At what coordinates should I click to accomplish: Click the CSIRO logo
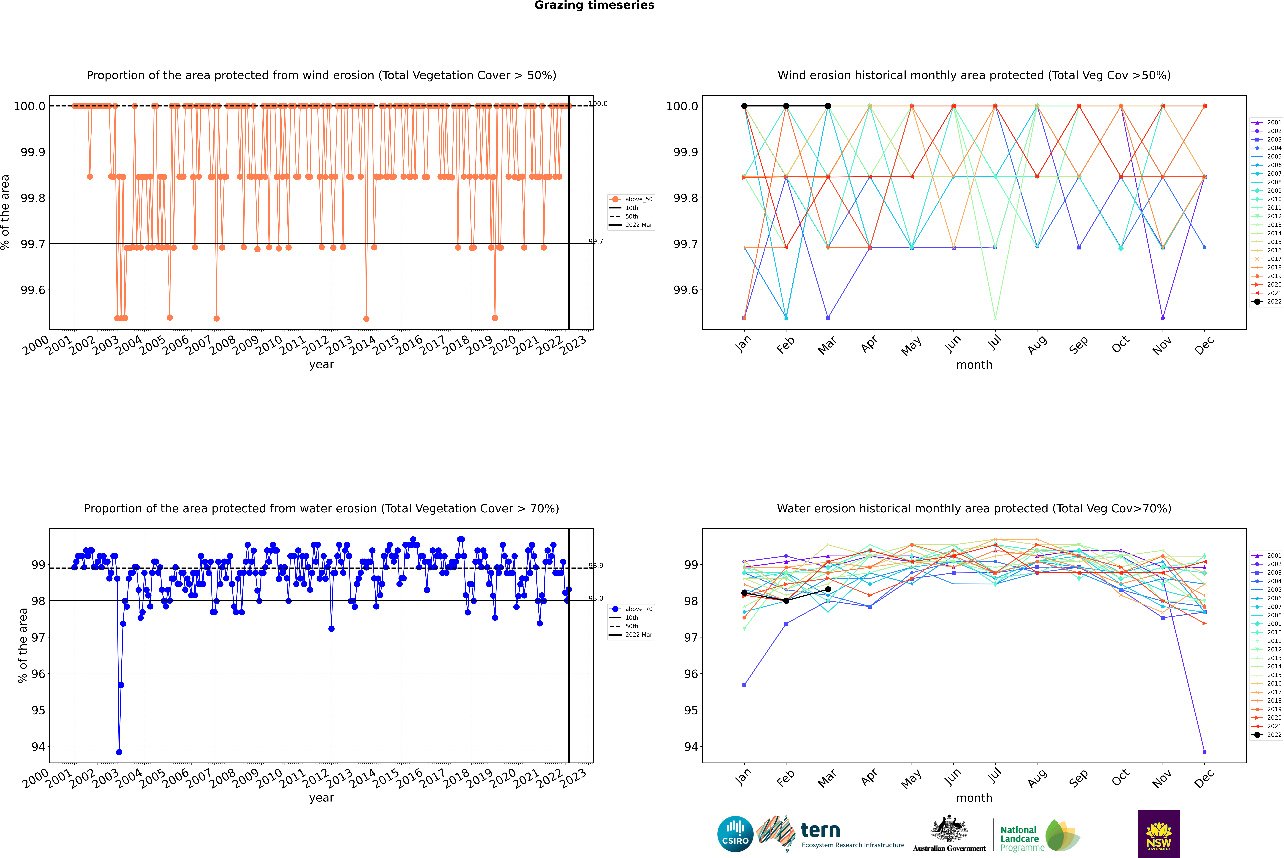[735, 834]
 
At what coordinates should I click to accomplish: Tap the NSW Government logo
[1159, 834]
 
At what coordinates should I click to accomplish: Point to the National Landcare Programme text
[1019, 838]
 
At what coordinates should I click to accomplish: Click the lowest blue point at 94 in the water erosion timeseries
[119, 752]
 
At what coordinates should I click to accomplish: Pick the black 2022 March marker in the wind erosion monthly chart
[827, 106]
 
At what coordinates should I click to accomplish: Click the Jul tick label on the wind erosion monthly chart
[994, 342]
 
